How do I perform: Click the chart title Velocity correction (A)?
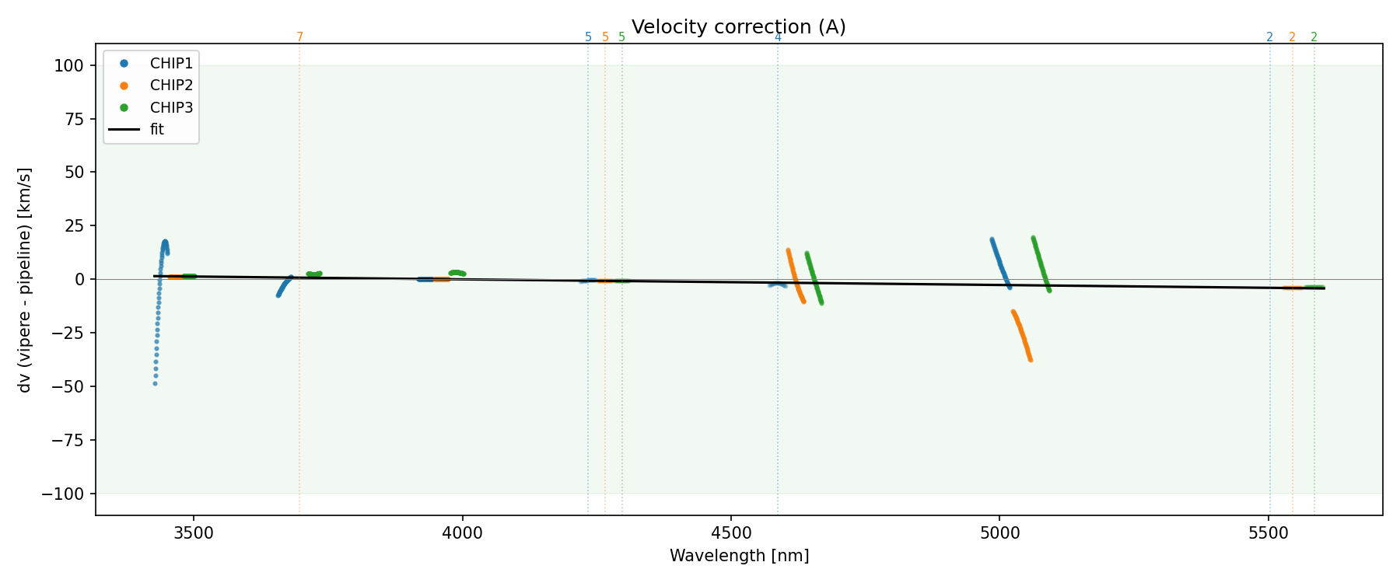click(738, 27)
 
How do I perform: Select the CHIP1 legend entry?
click(171, 64)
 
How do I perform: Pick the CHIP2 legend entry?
click(171, 86)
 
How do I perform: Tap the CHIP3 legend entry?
click(171, 107)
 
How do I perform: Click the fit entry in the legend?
click(157, 130)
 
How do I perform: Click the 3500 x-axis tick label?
click(194, 534)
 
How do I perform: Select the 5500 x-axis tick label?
click(1269, 534)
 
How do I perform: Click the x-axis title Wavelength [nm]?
click(739, 556)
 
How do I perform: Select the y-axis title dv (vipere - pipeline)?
click(25, 280)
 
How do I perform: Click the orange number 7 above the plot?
click(299, 37)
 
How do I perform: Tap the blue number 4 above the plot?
click(778, 37)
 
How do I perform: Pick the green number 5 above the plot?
click(621, 37)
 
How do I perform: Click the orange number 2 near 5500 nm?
click(1292, 37)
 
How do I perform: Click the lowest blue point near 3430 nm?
click(155, 383)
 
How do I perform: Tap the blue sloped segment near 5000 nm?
click(999, 261)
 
